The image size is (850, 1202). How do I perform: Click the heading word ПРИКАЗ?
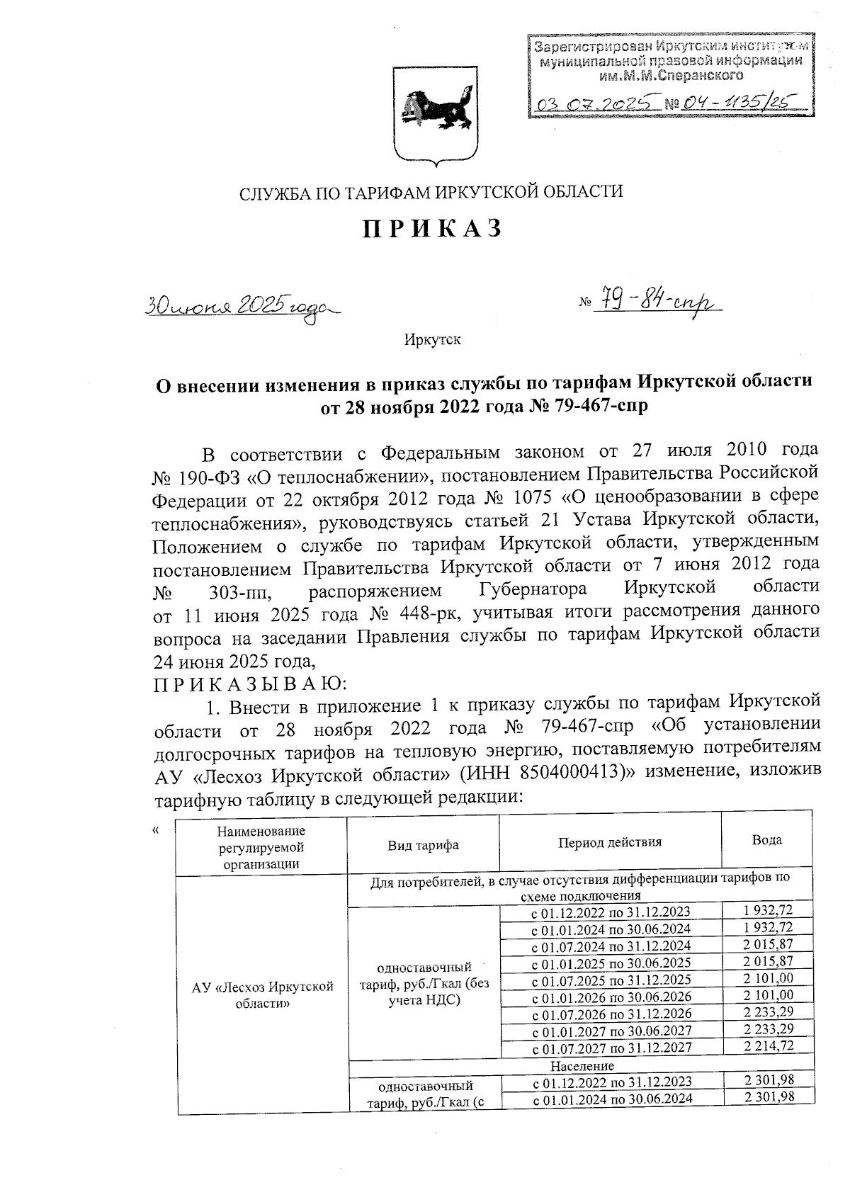pyautogui.click(x=433, y=228)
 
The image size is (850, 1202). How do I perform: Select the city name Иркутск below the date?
pyautogui.click(x=432, y=340)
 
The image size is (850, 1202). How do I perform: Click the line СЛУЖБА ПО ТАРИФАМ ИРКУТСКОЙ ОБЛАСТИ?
pyautogui.click(x=431, y=192)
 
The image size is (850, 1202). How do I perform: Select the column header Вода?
pyautogui.click(x=766, y=840)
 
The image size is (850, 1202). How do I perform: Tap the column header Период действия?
pyautogui.click(x=610, y=842)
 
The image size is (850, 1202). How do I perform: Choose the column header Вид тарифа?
pyautogui.click(x=423, y=845)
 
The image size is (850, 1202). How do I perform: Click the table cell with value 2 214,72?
pyautogui.click(x=768, y=1046)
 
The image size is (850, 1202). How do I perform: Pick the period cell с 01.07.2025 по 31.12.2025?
pyautogui.click(x=611, y=980)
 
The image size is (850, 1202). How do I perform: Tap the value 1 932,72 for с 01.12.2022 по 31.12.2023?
pyautogui.click(x=768, y=911)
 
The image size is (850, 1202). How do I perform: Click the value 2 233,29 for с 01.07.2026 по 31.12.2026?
pyautogui.click(x=768, y=1013)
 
